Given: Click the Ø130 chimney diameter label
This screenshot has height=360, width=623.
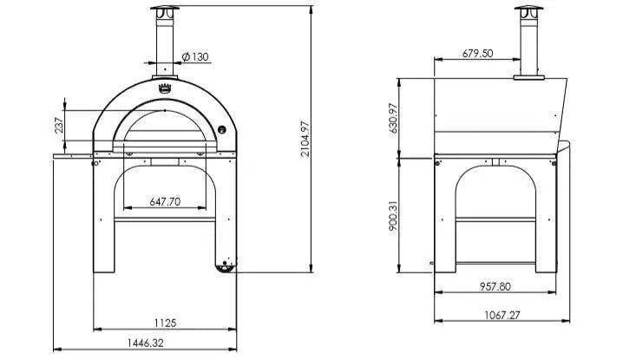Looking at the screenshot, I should tap(196, 57).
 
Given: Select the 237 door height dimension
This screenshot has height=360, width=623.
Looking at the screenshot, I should tap(58, 126).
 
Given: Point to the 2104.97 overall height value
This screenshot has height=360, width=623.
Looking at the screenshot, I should tap(305, 139).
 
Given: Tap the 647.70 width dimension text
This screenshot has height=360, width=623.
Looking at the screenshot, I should tap(165, 201).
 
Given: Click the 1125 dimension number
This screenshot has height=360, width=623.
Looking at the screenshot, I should tap(165, 323).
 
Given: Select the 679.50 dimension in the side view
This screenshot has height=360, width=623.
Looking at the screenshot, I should tap(477, 53).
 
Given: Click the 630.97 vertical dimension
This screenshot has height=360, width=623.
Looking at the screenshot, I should tap(393, 118).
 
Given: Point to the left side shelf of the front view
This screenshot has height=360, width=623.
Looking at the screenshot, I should tap(73, 155).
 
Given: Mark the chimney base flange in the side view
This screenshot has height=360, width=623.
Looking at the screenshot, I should tap(526, 78).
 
